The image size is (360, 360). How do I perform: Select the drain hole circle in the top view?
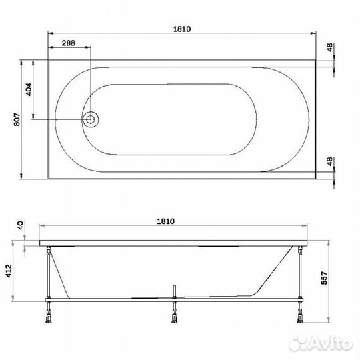tap(91, 119)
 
